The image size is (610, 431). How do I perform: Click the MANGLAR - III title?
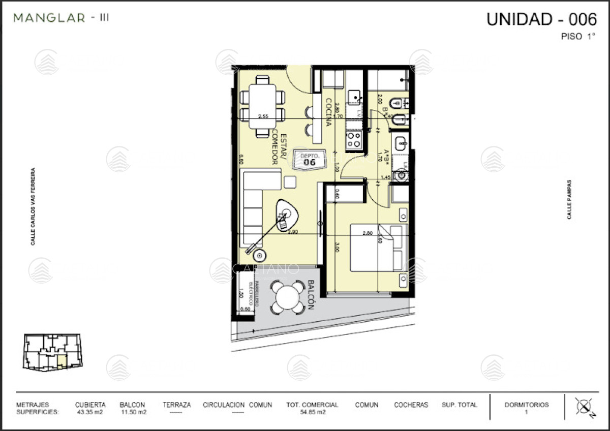point(61,18)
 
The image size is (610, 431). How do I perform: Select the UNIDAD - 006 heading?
point(541,19)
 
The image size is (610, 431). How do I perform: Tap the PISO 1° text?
point(578,37)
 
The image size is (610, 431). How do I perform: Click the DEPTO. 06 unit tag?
point(309,160)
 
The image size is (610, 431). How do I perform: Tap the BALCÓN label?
point(311,295)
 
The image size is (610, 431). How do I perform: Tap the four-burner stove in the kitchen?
point(354,139)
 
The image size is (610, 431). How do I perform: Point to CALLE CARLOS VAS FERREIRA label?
point(33,207)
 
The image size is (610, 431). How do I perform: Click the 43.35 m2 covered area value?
point(90,412)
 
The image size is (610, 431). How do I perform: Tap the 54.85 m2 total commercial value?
point(312,412)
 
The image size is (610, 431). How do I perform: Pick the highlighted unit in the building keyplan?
point(61,361)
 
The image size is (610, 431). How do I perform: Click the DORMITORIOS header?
point(526,405)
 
